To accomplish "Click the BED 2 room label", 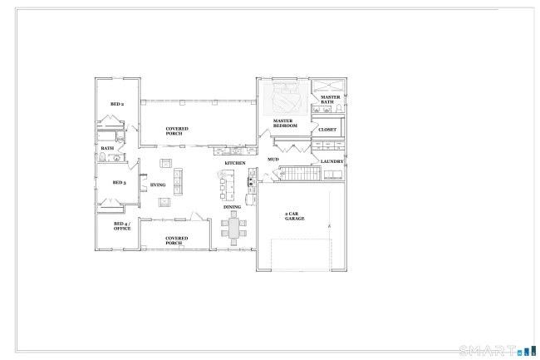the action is [x=117, y=104].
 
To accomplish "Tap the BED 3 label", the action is [x=119, y=183].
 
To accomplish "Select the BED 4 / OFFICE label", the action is [x=122, y=226].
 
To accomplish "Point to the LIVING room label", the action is [x=158, y=185].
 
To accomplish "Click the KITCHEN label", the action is [x=235, y=163].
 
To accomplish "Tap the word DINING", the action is [x=232, y=207].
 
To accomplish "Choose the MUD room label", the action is [x=273, y=160].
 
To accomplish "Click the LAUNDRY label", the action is [x=332, y=161].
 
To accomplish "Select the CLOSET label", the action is [x=327, y=130].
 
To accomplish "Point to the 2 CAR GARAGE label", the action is [x=295, y=216].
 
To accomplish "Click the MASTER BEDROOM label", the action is [x=285, y=123].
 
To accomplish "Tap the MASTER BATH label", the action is [x=331, y=100].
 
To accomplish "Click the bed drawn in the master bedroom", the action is [x=286, y=97].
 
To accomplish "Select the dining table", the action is [x=233, y=228].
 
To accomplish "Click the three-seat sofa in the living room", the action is [x=178, y=181].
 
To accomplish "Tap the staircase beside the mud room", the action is [x=300, y=173].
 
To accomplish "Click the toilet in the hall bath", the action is [x=102, y=157].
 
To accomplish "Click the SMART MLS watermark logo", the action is [x=498, y=351].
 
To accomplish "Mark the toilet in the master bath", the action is [x=339, y=109].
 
